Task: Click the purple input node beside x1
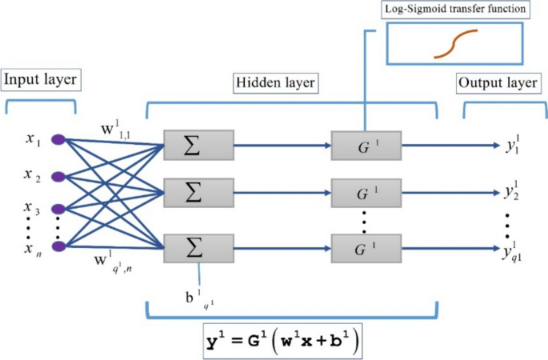point(58,140)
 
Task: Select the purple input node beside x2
point(58,176)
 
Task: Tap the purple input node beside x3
point(58,210)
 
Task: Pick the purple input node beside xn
point(58,246)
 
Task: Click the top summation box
point(198,146)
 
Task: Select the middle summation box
point(198,192)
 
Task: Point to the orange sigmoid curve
point(455,44)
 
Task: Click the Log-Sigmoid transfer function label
point(453,10)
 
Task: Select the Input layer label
point(40,80)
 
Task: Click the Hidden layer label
point(275,82)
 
